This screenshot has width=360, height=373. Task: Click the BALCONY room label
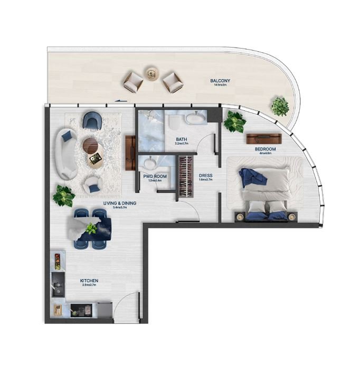tap(220, 81)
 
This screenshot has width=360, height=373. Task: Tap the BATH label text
tap(182, 140)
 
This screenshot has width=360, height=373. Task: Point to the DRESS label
tap(206, 175)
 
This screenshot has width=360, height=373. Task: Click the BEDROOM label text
tap(266, 149)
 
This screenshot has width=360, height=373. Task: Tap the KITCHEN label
tap(89, 281)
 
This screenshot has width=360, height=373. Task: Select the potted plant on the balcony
tap(280, 106)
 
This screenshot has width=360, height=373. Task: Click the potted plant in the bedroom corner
tap(234, 122)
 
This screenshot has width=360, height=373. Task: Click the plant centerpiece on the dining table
tap(92, 228)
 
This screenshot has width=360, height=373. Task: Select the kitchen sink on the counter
tap(56, 290)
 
